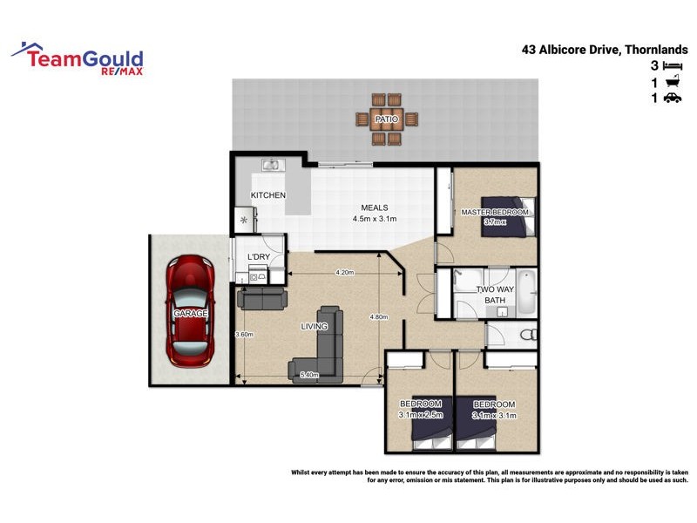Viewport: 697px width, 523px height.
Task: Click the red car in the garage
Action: pos(190,309)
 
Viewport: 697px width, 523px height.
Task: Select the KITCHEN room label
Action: pos(267,195)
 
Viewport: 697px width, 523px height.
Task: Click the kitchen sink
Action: pos(272,164)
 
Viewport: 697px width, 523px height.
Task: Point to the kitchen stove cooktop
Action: pos(243,221)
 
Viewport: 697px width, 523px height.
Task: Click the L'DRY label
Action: pos(258,257)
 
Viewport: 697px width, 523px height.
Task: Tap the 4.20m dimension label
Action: pos(344,273)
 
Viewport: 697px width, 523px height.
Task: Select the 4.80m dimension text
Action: pos(378,316)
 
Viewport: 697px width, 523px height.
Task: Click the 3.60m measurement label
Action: pos(244,335)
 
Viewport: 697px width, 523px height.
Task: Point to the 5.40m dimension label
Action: pos(309,376)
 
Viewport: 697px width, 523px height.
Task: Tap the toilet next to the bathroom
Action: pos(526,335)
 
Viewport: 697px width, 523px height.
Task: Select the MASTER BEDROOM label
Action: pos(494,212)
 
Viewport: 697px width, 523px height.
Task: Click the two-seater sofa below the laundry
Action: pos(261,299)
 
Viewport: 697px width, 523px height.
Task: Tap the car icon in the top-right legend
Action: pos(672,98)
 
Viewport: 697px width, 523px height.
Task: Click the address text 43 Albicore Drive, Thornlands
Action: pos(605,50)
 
